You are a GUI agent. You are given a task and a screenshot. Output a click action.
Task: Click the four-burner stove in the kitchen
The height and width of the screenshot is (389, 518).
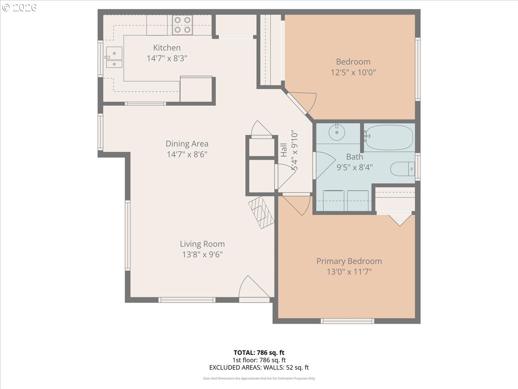[183, 25]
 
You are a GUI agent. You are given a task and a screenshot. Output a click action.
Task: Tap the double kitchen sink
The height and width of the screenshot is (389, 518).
[114, 57]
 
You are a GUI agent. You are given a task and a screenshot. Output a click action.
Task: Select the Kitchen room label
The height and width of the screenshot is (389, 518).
[167, 48]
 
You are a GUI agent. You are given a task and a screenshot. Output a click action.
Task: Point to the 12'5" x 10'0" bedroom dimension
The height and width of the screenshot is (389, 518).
[353, 72]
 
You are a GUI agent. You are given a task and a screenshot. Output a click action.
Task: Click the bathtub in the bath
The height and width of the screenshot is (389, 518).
[389, 137]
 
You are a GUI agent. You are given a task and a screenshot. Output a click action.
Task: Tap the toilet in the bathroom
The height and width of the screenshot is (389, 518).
[403, 169]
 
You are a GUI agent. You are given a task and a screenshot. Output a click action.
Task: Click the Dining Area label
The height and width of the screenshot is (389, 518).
[187, 143]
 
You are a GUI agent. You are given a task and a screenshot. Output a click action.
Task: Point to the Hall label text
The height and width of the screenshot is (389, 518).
[284, 150]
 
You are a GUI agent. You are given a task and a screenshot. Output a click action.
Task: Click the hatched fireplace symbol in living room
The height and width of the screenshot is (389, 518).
[261, 212]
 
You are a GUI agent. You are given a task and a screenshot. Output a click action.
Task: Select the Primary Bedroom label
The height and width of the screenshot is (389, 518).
[349, 261]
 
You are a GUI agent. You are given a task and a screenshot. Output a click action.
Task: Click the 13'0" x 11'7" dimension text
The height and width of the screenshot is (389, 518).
[349, 272]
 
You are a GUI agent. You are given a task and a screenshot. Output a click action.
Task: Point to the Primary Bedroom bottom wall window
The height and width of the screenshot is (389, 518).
[347, 321]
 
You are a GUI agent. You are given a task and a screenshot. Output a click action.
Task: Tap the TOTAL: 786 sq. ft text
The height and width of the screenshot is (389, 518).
[259, 353]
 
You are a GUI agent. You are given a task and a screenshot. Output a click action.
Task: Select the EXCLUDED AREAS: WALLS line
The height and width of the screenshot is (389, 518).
[259, 367]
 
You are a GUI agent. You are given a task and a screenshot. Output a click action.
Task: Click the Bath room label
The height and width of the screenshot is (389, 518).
[354, 156]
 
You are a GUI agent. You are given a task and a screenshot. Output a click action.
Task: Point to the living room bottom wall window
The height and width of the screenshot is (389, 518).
[186, 300]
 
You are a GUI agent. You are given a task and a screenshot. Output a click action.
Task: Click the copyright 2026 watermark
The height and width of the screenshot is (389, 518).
[19, 7]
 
